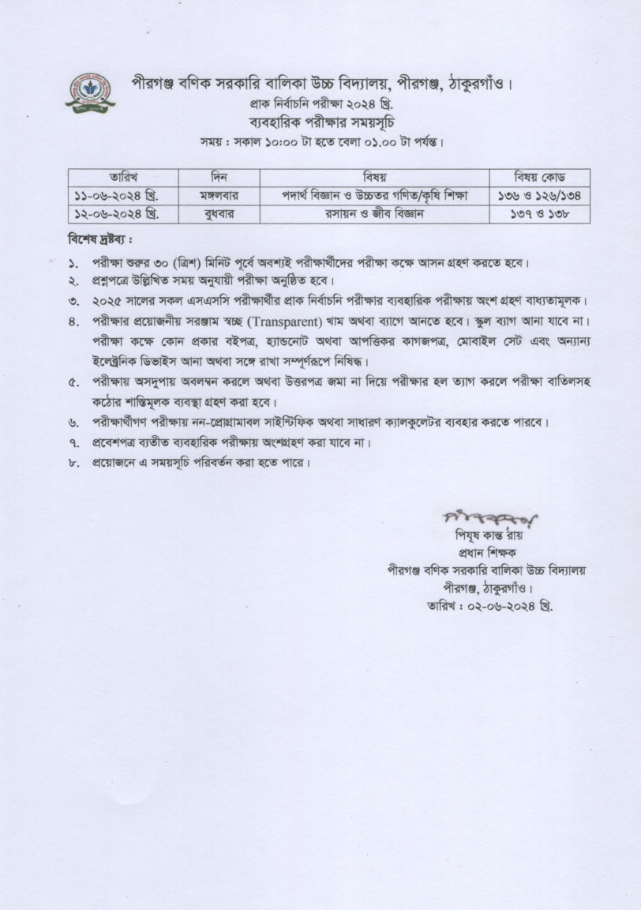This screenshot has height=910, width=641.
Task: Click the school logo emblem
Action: point(89,92)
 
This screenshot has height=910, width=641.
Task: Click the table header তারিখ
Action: point(122,176)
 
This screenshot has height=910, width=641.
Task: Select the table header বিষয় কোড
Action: point(539,176)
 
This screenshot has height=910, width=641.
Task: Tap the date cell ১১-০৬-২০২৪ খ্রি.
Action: point(122,195)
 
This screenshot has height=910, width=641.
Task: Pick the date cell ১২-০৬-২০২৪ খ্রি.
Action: point(122,214)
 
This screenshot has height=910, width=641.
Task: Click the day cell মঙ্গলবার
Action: point(219,195)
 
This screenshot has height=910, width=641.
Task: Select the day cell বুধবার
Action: point(219,214)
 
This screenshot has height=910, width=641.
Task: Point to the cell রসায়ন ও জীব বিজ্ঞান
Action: point(374,214)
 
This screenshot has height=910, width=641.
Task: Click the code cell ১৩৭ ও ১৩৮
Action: point(539,214)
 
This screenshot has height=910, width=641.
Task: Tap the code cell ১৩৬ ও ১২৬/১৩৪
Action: point(539,195)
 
